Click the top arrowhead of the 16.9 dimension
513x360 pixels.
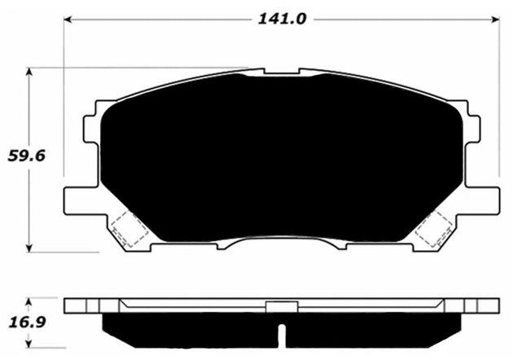pos(30,301)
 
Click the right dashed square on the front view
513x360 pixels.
pos(434,229)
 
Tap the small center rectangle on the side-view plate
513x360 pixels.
pos(280,307)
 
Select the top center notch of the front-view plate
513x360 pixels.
pos(282,72)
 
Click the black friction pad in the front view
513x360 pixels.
pos(281,155)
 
